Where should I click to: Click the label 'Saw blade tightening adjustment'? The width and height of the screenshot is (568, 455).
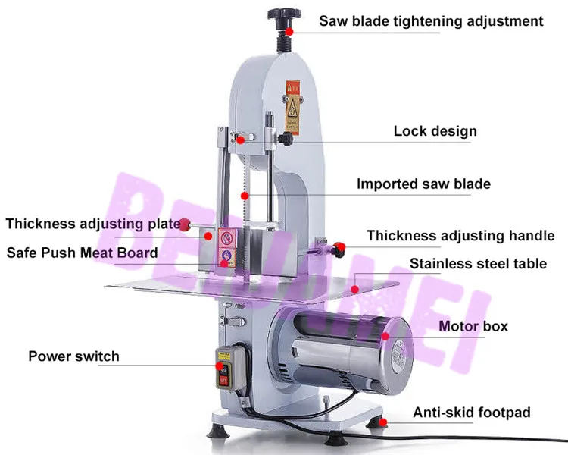[x=431, y=20]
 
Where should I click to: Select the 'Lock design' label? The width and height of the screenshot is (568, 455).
[x=435, y=131]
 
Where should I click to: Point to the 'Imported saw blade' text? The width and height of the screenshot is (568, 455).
[x=423, y=184]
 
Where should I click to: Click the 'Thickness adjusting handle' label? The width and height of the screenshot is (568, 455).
[x=460, y=236]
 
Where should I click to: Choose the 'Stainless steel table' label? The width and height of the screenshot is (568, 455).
[x=478, y=264]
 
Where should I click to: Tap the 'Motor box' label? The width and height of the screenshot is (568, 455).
[x=473, y=326]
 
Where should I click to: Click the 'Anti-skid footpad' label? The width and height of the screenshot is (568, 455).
[x=471, y=413]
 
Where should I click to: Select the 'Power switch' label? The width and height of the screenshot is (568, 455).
[x=73, y=356]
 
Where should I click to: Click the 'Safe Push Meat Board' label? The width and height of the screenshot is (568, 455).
[x=82, y=253]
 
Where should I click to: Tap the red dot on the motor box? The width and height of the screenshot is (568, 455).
[x=385, y=335]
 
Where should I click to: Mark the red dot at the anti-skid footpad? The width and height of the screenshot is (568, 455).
[x=384, y=422]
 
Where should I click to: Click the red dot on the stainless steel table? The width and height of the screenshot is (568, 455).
[x=355, y=288]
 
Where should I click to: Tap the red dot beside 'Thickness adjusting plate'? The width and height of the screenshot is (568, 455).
[x=184, y=223]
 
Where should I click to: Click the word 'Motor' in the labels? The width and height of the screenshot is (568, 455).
[x=458, y=326]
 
